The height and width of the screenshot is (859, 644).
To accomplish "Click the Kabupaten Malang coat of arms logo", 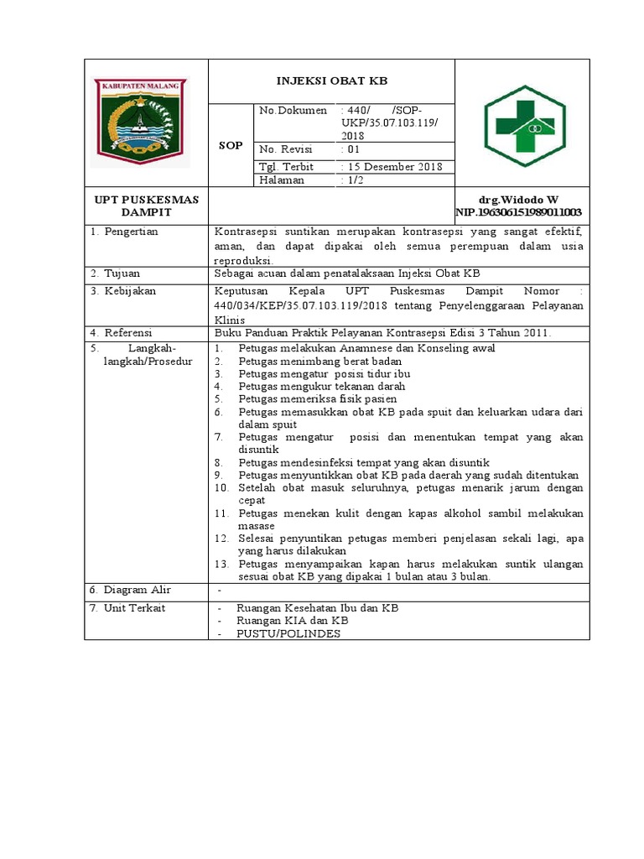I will [141, 122].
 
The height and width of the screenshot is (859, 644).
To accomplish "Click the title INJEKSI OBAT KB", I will [332, 81].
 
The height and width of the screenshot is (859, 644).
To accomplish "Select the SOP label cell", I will [231, 145].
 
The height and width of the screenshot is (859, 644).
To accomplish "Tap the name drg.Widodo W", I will [518, 200].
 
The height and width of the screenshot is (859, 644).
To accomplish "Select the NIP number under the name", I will [518, 212].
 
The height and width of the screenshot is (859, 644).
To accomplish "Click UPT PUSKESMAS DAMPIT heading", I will [146, 206].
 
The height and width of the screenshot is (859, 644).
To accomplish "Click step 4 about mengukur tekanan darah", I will [321, 386].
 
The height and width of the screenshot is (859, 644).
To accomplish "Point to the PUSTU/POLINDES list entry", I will [288, 633].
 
